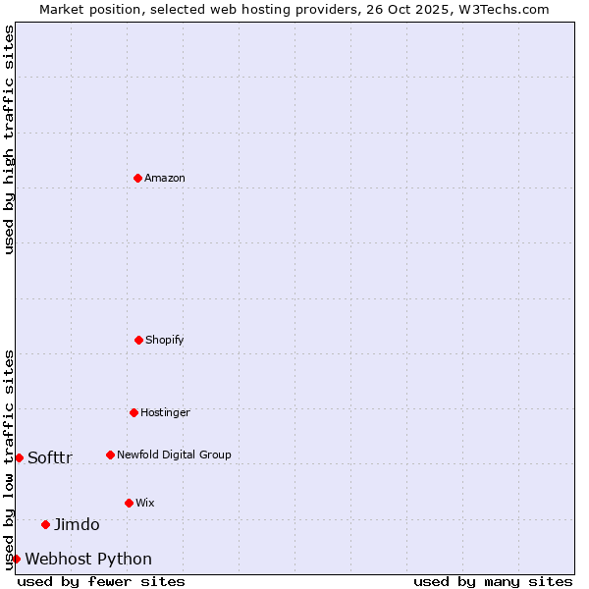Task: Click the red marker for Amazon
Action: (x=137, y=178)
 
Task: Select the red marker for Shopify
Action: (x=138, y=340)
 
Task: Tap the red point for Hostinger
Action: (x=134, y=412)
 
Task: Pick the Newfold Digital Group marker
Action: (x=110, y=455)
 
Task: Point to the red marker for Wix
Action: (x=129, y=503)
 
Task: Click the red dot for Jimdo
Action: (x=45, y=524)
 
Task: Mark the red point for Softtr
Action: (x=19, y=457)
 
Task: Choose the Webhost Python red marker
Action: (x=16, y=559)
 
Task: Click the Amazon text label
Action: (x=165, y=178)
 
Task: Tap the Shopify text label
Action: (x=165, y=340)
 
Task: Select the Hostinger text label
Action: (x=165, y=412)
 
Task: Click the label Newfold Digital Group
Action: (x=174, y=455)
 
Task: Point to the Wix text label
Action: (x=145, y=503)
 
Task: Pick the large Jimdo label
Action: (x=77, y=524)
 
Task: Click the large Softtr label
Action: (x=50, y=457)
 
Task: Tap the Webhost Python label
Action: (x=88, y=559)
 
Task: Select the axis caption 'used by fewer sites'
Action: (x=101, y=581)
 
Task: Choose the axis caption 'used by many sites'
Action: (x=493, y=581)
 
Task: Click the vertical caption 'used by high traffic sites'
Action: (x=9, y=139)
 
